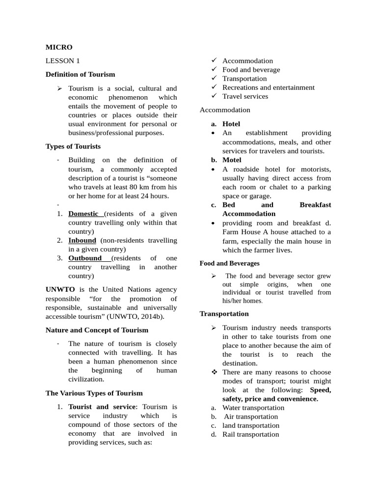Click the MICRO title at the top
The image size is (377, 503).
[x=59, y=47]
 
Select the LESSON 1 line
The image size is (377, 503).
[x=62, y=61]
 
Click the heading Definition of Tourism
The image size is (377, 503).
[x=80, y=74]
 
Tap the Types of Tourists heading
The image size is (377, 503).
[x=73, y=146]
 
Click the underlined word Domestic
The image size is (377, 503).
[x=84, y=214]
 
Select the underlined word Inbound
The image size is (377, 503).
[x=82, y=240]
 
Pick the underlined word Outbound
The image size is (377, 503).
[x=85, y=258]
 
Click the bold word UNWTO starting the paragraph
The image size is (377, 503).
[x=59, y=290]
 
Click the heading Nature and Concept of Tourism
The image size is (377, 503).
[x=97, y=330]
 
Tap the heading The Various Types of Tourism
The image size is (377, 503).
[x=94, y=393]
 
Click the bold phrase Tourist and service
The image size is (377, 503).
[x=102, y=407]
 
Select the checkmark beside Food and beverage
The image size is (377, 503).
[x=214, y=70]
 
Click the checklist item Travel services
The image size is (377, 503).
[x=245, y=96]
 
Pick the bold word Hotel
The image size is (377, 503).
[x=231, y=124]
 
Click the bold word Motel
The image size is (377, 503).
[x=232, y=160]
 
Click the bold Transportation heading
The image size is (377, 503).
[x=224, y=313]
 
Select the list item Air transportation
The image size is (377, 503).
[x=250, y=417]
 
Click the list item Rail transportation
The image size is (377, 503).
[x=250, y=434]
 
